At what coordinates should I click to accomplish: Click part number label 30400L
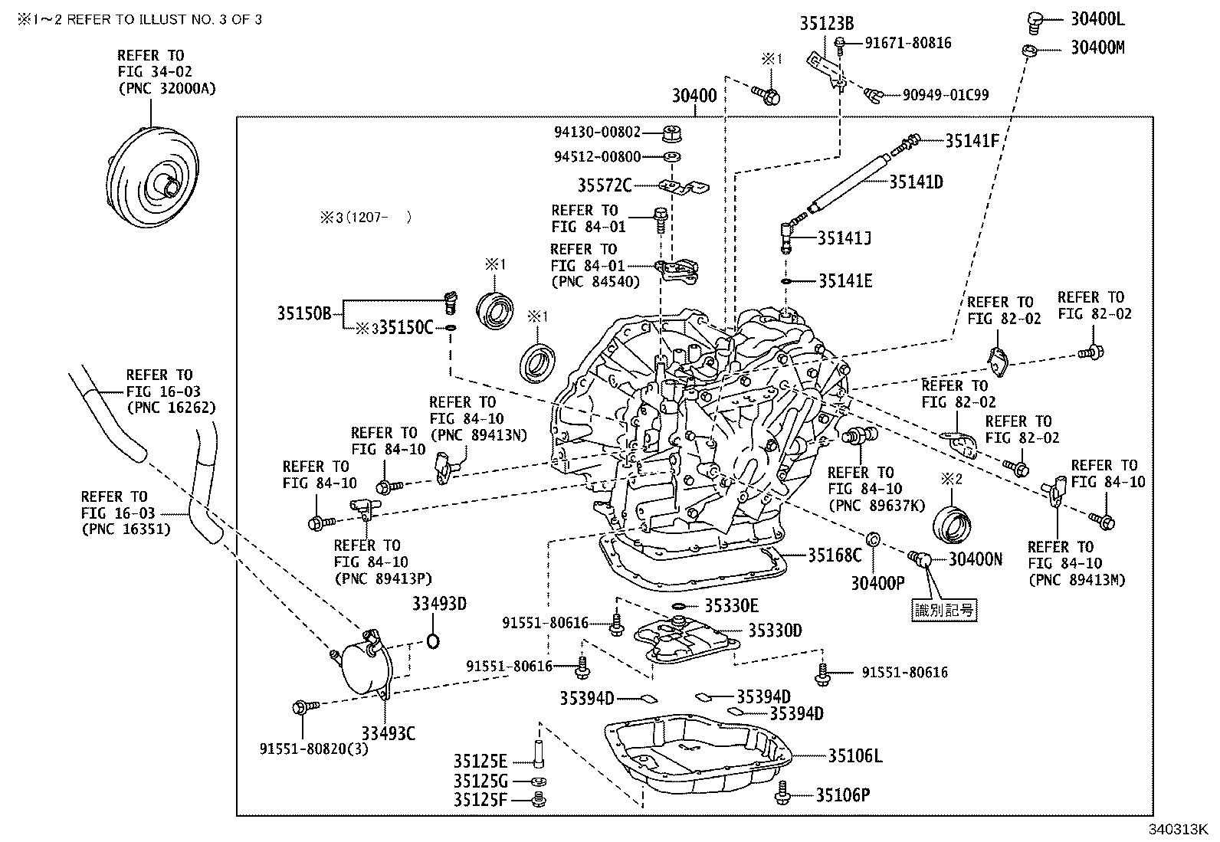coord(1097,19)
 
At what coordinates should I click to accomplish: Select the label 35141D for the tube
coord(916,182)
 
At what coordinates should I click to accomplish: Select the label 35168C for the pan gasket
coord(835,555)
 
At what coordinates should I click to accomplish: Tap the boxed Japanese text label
coord(944,610)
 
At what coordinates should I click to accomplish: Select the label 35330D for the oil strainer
coord(775,631)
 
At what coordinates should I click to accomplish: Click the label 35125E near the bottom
coord(480,762)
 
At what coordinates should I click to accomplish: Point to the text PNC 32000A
coord(167,89)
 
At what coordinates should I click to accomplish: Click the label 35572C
coord(605,185)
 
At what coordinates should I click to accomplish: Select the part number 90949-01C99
coord(945,96)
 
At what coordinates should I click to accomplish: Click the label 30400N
coord(976,560)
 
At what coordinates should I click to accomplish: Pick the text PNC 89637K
coord(877,506)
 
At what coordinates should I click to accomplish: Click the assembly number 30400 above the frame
coord(694,97)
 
